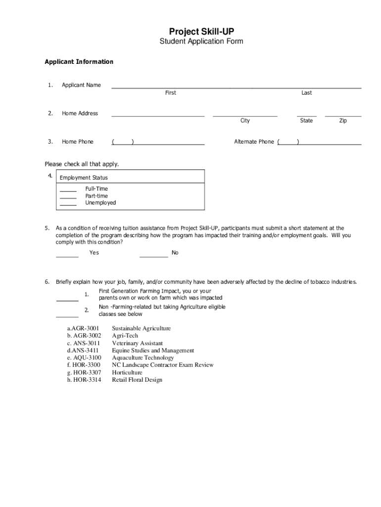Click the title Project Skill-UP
point(201,32)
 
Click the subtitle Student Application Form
point(201,42)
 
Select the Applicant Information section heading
point(79,62)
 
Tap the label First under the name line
point(170,93)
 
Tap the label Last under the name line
point(307,93)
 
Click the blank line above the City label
point(245,116)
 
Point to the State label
point(306,121)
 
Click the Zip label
point(343,121)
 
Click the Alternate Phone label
point(254,142)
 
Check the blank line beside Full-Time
point(68,191)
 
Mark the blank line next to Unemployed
point(68,204)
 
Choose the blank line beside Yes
point(67,257)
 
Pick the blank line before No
point(153,257)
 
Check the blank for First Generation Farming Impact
point(67,300)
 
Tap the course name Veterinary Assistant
point(137,343)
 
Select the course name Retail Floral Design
point(137,380)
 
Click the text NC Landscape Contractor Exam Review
point(163,365)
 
